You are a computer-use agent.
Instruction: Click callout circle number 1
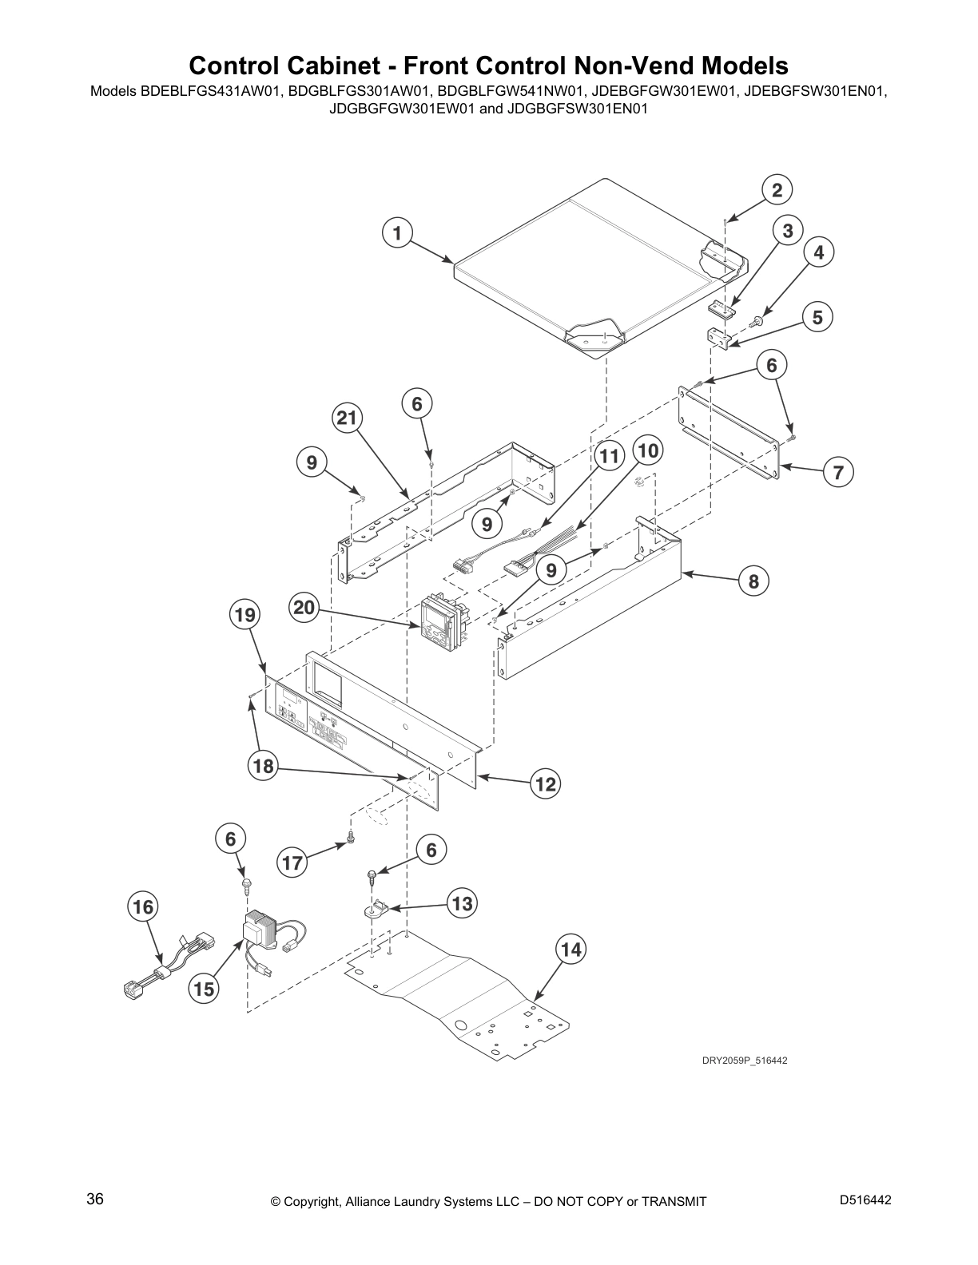[397, 233]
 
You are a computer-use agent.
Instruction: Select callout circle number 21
[348, 418]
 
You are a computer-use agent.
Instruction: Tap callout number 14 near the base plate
[570, 950]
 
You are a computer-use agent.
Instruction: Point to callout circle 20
[304, 608]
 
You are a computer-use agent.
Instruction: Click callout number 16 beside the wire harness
[143, 907]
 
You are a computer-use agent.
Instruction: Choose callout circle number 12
[545, 784]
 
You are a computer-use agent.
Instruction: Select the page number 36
[95, 1200]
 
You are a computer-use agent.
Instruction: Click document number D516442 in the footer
[865, 1200]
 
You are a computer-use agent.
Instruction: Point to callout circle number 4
[818, 253]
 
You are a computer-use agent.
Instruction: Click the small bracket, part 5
[719, 339]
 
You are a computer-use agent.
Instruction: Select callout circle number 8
[753, 581]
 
